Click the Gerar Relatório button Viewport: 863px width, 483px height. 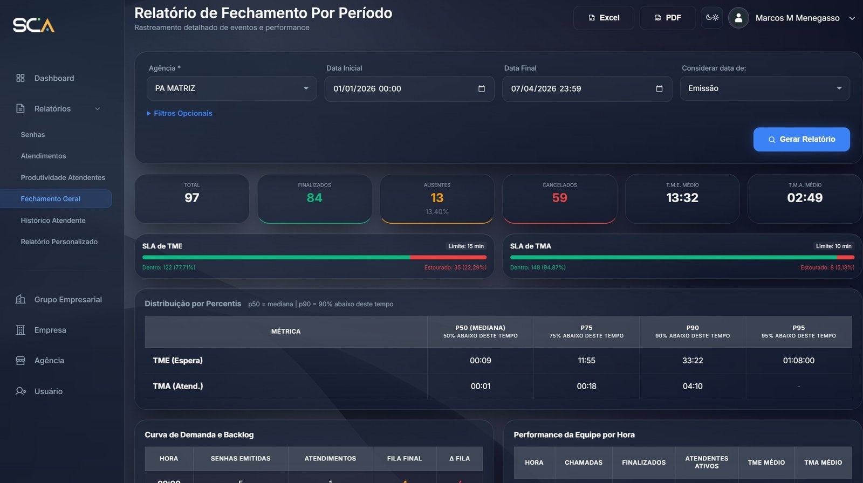coord(802,139)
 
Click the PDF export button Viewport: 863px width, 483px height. coord(667,18)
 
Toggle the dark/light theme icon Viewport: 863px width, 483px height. coord(712,18)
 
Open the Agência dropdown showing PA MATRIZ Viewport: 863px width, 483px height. coord(232,88)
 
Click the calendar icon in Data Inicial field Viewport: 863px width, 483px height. coord(482,89)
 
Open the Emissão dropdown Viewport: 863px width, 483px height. coord(764,88)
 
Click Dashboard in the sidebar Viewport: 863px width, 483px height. coord(54,78)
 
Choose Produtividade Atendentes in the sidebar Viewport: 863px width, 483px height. coord(63,177)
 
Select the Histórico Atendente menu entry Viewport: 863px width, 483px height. coord(53,220)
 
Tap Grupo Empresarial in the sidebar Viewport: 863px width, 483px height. coord(67,300)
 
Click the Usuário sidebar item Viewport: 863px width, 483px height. coord(48,391)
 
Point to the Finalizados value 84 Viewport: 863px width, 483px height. coord(314,198)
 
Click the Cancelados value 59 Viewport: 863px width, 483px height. coord(559,198)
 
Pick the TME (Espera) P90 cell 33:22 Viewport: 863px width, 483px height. coord(693,361)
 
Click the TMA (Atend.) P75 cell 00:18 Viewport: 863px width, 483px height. coord(586,387)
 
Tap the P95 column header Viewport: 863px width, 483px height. coord(798,332)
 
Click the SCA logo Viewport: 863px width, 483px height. coord(33,25)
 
